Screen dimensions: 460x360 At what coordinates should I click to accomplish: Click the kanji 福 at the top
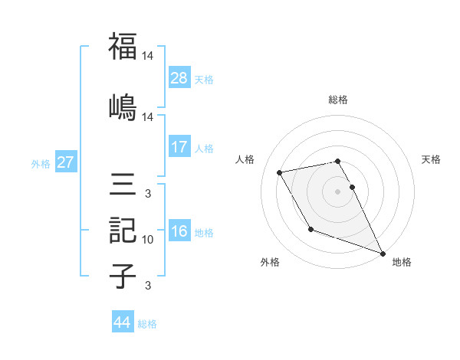point(123,47)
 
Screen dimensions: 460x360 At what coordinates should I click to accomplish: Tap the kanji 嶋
point(123,106)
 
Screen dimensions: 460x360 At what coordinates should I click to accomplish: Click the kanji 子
point(123,277)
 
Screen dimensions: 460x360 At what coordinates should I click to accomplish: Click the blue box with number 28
point(179,77)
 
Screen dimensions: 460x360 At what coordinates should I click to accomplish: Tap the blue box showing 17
point(179,147)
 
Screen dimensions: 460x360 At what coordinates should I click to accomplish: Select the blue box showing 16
point(179,232)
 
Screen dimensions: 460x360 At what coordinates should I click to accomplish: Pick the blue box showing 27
point(65,162)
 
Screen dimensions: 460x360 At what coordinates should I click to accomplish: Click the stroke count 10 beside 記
point(148,240)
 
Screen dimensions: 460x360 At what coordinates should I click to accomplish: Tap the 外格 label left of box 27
point(41,163)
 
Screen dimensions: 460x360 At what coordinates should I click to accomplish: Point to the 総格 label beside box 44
point(147,324)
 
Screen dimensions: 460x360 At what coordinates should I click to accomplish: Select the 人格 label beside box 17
point(204,148)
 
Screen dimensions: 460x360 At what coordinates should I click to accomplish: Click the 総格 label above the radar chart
point(338,100)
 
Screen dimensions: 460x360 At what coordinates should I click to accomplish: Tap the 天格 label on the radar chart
point(432,159)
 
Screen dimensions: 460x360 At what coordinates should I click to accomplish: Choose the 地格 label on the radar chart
point(402,262)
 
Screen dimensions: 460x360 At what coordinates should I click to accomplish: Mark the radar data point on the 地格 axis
point(383,254)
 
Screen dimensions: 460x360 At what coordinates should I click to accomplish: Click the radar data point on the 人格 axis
point(280,172)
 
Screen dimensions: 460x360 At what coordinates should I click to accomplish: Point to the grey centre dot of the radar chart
point(338,191)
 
